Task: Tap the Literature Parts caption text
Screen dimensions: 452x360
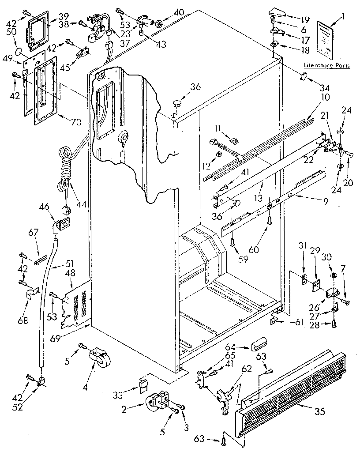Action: [326, 65]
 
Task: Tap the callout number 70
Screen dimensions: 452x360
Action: [76, 122]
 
